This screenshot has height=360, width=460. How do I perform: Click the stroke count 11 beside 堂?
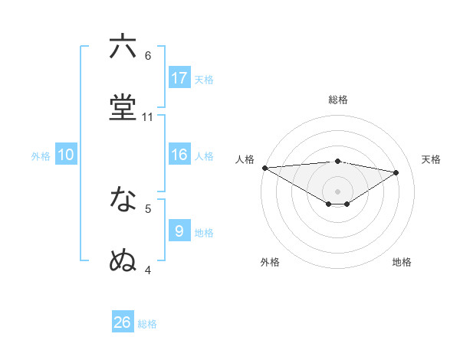pyautogui.click(x=148, y=117)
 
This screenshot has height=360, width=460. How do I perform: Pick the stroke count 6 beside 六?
pyautogui.click(x=148, y=56)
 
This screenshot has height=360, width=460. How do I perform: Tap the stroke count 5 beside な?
pyautogui.click(x=148, y=208)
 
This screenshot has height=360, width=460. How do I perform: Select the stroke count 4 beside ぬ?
pyautogui.click(x=148, y=270)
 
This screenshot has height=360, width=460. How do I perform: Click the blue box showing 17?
pyautogui.click(x=179, y=77)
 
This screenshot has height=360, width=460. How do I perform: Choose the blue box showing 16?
pyautogui.click(x=179, y=155)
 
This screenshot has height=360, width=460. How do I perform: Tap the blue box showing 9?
pyautogui.click(x=179, y=230)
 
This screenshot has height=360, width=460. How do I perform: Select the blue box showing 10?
pyautogui.click(x=66, y=155)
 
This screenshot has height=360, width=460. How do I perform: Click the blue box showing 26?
pyautogui.click(x=123, y=322)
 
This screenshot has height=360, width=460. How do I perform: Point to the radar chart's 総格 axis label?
pyautogui.click(x=338, y=100)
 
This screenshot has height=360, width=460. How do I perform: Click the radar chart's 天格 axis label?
pyautogui.click(x=431, y=159)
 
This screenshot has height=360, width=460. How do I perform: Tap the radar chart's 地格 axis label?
pyautogui.click(x=402, y=262)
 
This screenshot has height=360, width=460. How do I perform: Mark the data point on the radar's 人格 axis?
pyautogui.click(x=264, y=168)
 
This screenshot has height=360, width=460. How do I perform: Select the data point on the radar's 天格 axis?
pyautogui.click(x=396, y=172)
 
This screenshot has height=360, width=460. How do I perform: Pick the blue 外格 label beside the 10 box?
pyautogui.click(x=41, y=156)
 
